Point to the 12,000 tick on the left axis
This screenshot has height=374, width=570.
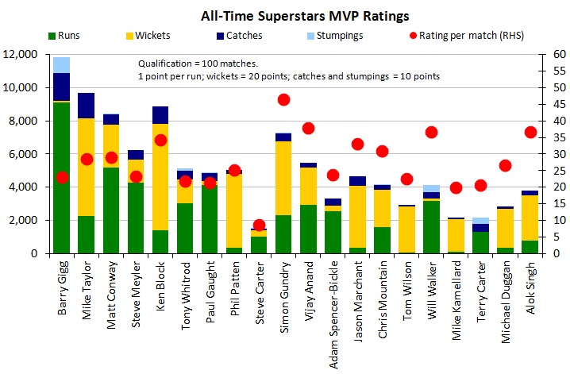click(27, 55)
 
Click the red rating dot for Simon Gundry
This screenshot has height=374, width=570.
click(283, 99)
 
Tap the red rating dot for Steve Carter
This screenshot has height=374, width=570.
click(259, 225)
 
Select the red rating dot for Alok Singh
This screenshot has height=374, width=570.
click(530, 132)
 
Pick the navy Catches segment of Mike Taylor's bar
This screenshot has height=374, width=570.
click(87, 105)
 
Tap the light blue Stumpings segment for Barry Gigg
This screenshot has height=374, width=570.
click(62, 64)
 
